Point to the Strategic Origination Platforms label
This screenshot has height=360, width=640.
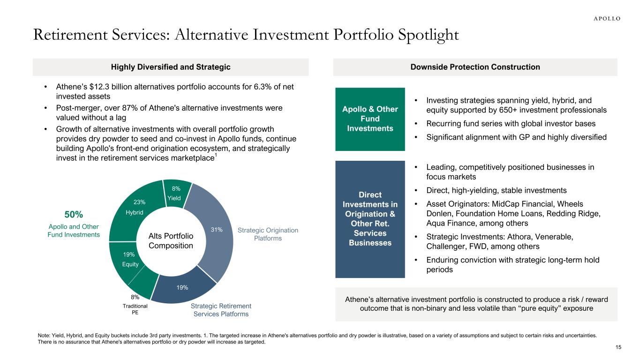coord(268,234)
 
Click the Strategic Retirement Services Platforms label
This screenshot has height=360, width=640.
coord(221,310)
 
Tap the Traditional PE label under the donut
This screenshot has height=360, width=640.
coord(135,309)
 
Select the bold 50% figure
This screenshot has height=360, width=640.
coord(74,215)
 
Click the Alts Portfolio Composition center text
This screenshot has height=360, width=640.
coord(171,241)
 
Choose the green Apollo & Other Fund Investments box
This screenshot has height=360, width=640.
coord(370,119)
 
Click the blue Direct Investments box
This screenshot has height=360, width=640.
coord(370,219)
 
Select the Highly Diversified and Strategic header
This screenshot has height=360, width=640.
coord(171,67)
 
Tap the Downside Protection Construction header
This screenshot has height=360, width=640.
coord(475,67)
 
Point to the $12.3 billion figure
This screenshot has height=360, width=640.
coord(106,88)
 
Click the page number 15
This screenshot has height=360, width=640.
coord(618,347)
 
